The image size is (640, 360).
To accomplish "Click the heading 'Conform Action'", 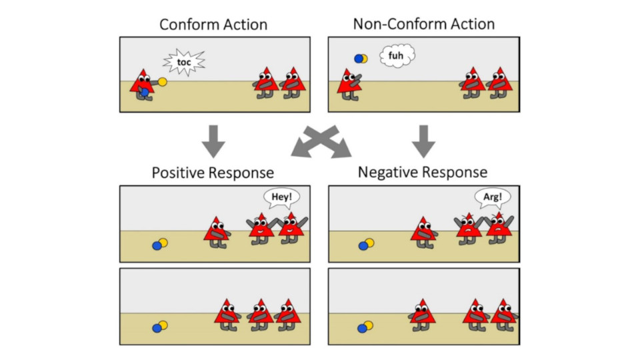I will click(213, 25).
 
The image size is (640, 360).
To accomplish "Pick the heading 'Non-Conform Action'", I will click(424, 25).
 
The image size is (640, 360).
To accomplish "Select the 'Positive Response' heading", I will click(213, 173).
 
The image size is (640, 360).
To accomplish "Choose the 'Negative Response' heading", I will click(423, 173).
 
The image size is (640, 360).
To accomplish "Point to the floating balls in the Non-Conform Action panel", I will click(361, 59).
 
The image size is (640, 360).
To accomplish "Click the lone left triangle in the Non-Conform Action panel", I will click(348, 83).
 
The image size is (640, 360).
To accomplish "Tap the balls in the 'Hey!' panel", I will click(160, 245).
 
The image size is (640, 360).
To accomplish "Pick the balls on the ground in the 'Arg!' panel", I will click(366, 245).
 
